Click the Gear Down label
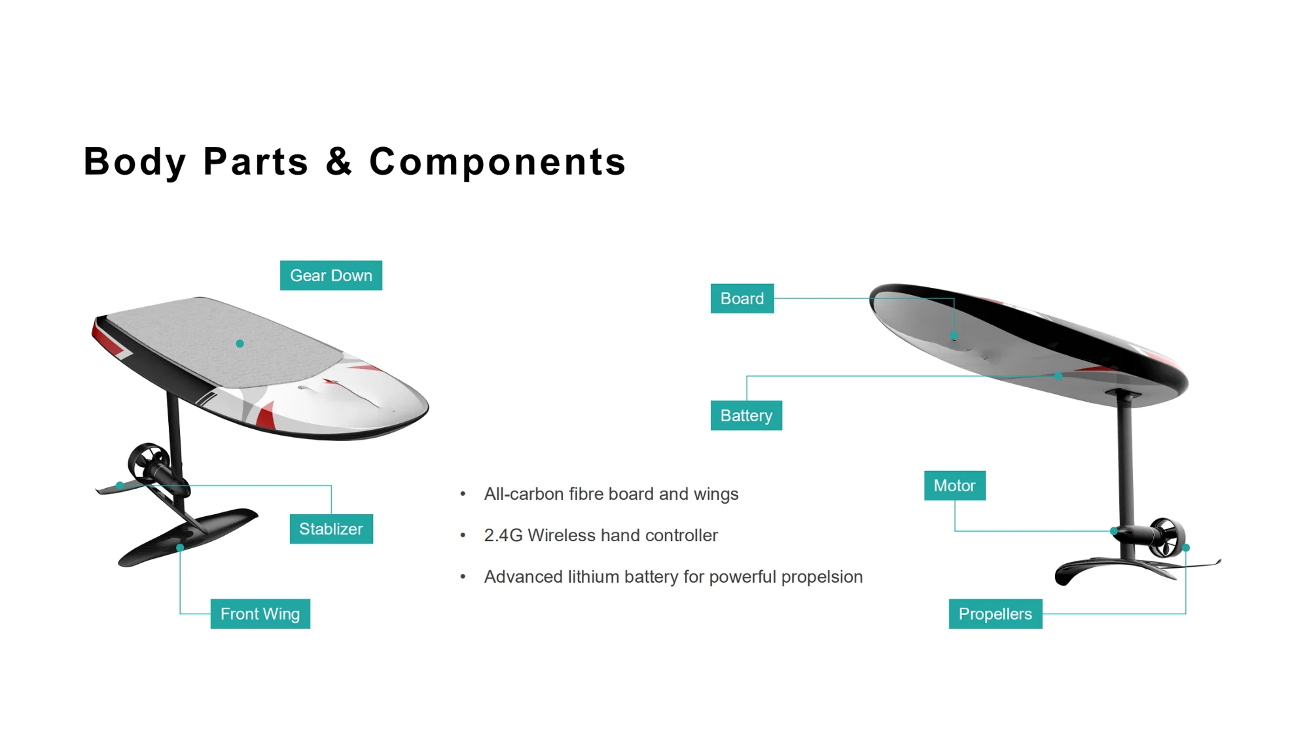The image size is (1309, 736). click(x=331, y=275)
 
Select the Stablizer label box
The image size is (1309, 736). click(x=331, y=529)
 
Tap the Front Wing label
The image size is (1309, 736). click(x=260, y=614)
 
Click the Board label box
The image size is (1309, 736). click(x=742, y=298)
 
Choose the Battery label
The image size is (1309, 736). click(x=746, y=415)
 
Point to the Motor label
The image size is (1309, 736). click(x=954, y=485)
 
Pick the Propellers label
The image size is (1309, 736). click(x=995, y=614)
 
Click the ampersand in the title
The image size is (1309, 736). click(x=339, y=161)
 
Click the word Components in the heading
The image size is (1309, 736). click(x=497, y=162)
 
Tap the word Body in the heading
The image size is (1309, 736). click(x=135, y=162)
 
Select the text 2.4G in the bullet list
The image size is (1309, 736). click(x=503, y=535)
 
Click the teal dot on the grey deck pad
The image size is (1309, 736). click(x=240, y=343)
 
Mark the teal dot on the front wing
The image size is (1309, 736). click(x=180, y=548)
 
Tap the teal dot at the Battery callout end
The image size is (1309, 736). click(x=1058, y=376)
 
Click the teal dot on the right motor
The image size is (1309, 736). click(x=1114, y=531)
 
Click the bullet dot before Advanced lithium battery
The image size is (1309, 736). click(x=463, y=576)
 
